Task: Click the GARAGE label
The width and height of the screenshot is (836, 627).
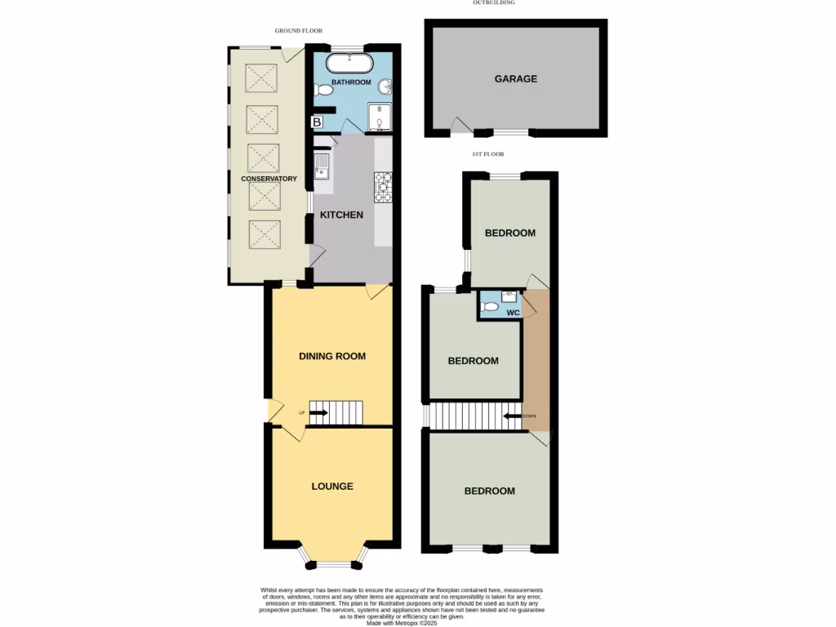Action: click(x=515, y=79)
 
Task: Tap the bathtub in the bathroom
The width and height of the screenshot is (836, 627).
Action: click(x=349, y=64)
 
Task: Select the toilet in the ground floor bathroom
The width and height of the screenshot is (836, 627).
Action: click(x=323, y=91)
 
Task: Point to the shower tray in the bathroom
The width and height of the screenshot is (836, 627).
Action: click(x=380, y=118)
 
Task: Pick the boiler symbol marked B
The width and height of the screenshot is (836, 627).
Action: click(x=317, y=122)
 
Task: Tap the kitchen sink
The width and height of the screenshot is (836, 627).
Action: click(x=322, y=166)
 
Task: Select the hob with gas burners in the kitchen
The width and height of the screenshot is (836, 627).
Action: click(x=382, y=187)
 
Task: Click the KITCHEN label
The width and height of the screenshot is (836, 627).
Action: click(x=341, y=215)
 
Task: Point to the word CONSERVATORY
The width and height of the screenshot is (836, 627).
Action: click(x=269, y=178)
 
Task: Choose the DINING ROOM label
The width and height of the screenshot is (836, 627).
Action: click(x=332, y=356)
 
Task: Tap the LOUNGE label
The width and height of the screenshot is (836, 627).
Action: click(x=332, y=486)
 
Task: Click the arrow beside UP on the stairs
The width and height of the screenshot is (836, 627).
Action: click(x=318, y=413)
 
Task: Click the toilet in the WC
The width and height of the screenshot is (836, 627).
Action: click(x=489, y=307)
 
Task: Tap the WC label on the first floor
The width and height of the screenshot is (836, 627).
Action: click(x=513, y=313)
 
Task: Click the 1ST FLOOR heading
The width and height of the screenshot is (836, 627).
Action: click(x=488, y=154)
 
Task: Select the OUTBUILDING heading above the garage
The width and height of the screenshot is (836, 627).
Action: click(x=494, y=2)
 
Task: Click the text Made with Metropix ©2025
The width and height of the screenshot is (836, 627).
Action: click(x=403, y=622)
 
